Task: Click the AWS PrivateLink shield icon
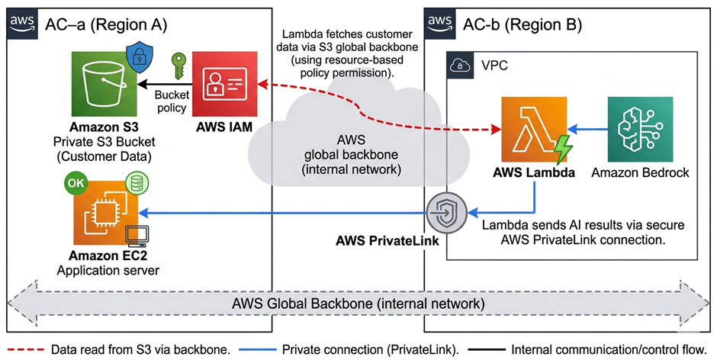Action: (446, 214)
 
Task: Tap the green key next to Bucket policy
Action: (178, 66)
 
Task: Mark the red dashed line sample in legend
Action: (24, 349)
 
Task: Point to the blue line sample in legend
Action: (259, 349)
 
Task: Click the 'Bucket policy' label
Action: (170, 101)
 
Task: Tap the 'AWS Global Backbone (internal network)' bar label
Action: (358, 303)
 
